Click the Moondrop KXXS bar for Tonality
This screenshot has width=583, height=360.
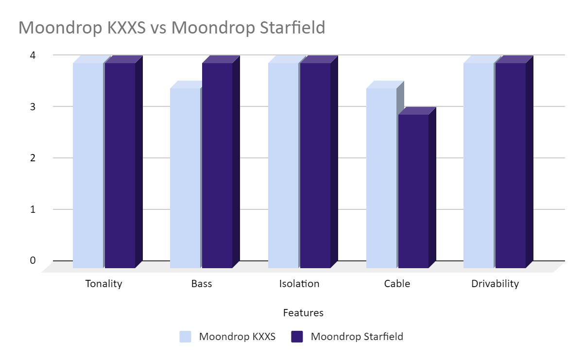(88, 165)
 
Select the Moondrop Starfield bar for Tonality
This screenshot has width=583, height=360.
(120, 165)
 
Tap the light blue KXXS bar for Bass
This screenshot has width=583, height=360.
(185, 178)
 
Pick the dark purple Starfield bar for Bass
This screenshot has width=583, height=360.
(217, 165)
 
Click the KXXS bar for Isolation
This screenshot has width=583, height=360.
(283, 165)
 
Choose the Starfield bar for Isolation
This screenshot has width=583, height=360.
(315, 165)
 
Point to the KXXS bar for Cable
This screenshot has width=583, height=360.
(381, 178)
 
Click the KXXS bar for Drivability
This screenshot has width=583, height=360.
(479, 165)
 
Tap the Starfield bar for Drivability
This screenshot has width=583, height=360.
(511, 165)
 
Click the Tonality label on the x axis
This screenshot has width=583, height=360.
(103, 284)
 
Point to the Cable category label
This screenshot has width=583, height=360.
(397, 284)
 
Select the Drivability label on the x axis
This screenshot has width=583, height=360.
(495, 284)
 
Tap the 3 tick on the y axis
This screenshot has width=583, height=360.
(33, 106)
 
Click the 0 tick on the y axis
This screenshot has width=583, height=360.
(33, 260)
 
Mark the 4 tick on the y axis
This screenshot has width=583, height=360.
(33, 55)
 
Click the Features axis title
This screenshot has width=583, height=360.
(303, 313)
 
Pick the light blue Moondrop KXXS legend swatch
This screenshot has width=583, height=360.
(185, 336)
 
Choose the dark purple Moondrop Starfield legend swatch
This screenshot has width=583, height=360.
(297, 336)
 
